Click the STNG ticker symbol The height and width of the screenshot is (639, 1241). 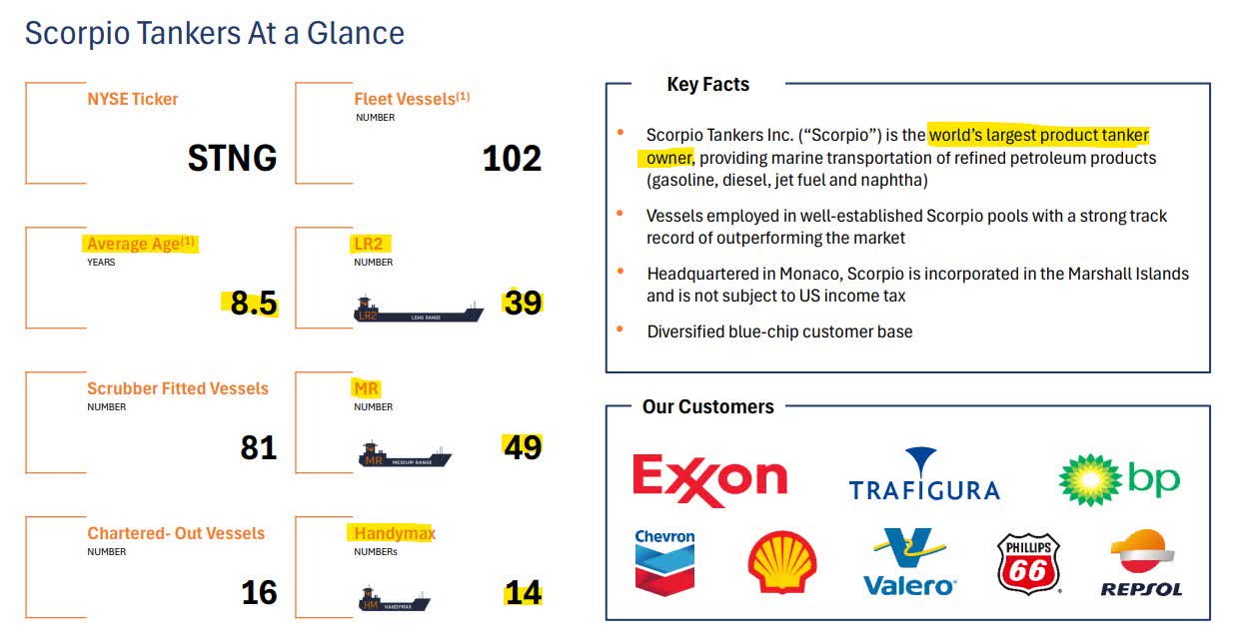point(232,159)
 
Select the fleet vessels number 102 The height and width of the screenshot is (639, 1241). point(512,159)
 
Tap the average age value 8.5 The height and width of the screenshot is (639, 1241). point(253,304)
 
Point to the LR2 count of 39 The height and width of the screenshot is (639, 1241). point(523,303)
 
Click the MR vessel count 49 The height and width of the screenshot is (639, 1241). point(522,447)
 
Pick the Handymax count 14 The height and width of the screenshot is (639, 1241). point(523,593)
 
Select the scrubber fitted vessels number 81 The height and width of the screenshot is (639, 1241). point(258,448)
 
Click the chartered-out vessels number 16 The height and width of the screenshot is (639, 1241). point(258,593)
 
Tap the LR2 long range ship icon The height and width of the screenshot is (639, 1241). point(419,311)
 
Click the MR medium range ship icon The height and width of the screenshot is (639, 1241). point(405,456)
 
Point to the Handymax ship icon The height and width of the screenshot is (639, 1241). point(394,601)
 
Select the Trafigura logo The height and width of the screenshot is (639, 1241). point(923,475)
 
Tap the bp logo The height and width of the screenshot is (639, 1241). point(1119,480)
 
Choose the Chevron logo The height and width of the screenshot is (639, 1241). point(664,562)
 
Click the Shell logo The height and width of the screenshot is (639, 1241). point(781,563)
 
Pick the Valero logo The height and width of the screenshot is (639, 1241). point(909,562)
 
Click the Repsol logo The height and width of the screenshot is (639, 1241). point(1141,563)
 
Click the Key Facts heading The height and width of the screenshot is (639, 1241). point(707,85)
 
